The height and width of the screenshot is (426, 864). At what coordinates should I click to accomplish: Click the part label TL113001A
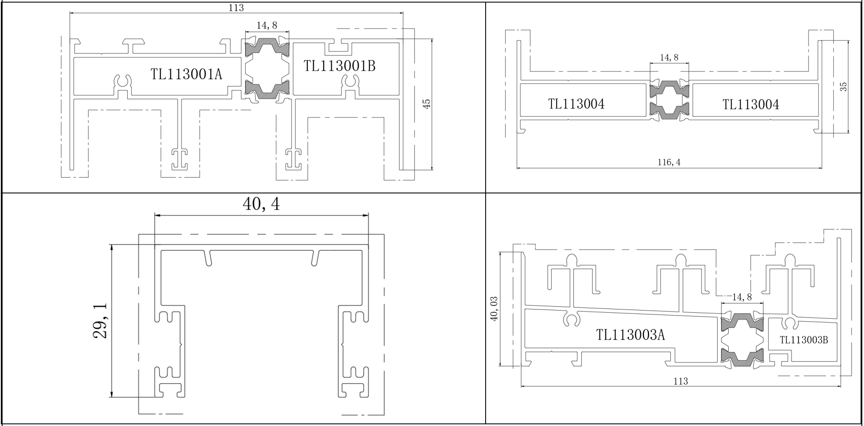pos(186,74)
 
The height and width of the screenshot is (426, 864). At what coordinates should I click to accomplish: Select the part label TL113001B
pos(340,66)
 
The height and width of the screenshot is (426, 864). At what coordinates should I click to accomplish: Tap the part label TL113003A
pos(630,335)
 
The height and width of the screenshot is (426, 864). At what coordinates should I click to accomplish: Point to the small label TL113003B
pos(804,340)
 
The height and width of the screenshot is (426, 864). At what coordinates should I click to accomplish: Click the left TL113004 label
pos(576,104)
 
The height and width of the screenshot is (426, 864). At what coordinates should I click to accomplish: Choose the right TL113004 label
pos(751,104)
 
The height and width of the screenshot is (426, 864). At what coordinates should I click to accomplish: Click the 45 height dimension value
pos(427,104)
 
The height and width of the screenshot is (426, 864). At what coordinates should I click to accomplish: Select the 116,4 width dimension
pos(669,162)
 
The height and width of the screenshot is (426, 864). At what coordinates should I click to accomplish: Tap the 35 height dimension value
pos(844,86)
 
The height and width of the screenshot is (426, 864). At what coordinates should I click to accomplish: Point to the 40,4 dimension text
pos(261,204)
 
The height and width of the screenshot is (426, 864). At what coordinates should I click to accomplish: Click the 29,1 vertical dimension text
pos(100,321)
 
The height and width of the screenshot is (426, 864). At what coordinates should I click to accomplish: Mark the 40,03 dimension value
pos(495,309)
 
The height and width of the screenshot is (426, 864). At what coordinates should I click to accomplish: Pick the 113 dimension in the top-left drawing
pos(236,7)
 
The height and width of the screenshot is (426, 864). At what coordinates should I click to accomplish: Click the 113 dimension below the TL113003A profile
pos(681,381)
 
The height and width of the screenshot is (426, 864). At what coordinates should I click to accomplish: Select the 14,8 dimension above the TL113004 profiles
pos(669,58)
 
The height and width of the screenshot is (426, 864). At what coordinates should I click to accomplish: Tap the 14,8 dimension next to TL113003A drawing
pos(742,297)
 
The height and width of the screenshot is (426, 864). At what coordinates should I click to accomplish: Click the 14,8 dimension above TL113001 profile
pos(267,26)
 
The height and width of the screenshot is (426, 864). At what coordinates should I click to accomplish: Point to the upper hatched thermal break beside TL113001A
pos(267,46)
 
